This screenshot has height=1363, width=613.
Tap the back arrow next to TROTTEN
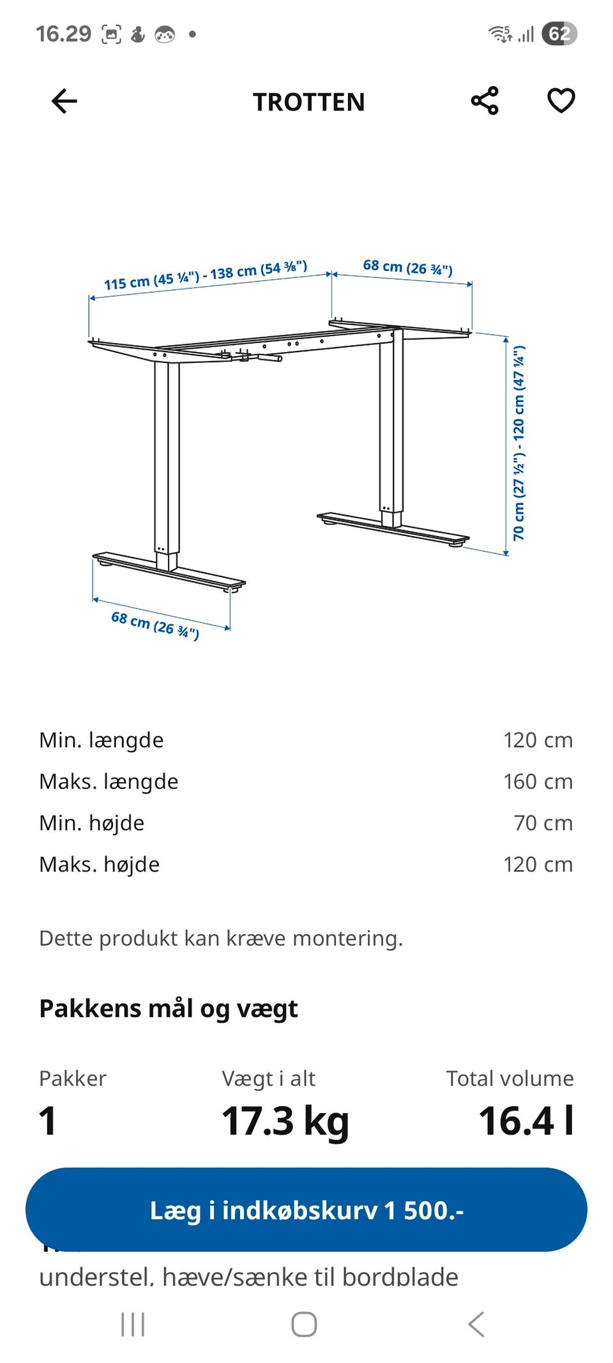(64, 101)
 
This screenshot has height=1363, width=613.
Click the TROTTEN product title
(309, 102)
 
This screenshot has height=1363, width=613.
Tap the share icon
(485, 101)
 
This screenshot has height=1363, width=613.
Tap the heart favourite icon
(561, 101)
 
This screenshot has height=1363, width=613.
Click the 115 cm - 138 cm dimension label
(206, 275)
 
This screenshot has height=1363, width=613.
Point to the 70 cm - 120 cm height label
(519, 443)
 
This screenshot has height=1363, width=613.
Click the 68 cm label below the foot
(155, 625)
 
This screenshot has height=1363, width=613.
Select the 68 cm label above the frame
(407, 267)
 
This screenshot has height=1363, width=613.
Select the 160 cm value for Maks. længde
(538, 782)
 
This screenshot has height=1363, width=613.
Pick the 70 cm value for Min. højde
(543, 823)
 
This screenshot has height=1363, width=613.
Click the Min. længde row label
(102, 740)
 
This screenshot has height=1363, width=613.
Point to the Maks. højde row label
(100, 865)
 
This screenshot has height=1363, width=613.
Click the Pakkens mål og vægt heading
(169, 1008)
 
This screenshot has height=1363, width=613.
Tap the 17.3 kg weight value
(285, 1121)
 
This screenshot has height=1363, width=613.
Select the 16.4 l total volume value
(526, 1121)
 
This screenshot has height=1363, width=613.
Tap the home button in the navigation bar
(304, 1324)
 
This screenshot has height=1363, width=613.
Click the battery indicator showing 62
(559, 34)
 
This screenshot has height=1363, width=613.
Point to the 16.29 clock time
(63, 34)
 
